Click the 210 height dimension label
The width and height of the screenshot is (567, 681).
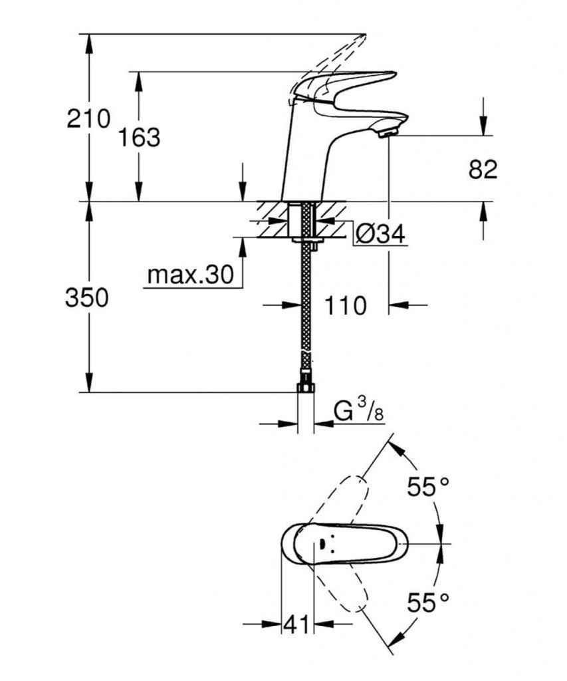click(x=88, y=118)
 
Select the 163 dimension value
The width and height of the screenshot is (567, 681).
click(x=140, y=137)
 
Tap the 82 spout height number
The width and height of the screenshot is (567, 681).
click(x=483, y=170)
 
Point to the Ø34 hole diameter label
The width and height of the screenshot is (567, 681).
click(x=380, y=234)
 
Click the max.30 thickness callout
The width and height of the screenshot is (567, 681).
click(x=191, y=275)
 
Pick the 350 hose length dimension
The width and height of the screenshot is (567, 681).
click(x=87, y=298)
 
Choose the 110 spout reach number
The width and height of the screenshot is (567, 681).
click(x=346, y=305)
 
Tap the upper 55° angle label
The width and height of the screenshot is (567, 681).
click(x=427, y=486)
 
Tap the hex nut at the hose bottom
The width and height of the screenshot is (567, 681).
click(x=306, y=388)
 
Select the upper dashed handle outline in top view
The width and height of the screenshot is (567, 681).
click(x=338, y=499)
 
